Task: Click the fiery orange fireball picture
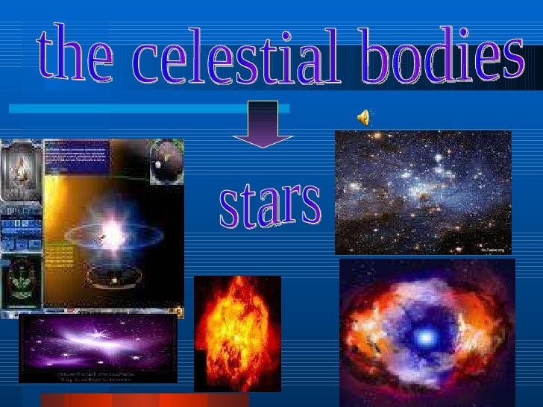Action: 237,332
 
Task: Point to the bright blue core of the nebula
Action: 425,338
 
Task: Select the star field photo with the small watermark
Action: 423,192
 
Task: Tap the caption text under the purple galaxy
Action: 98,372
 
